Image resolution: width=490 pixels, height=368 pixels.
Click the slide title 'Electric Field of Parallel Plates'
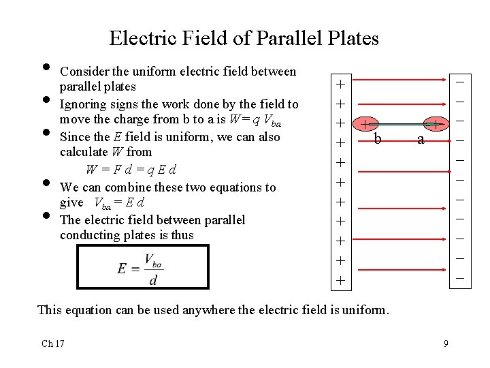[244, 38]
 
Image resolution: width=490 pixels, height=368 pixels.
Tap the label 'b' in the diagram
[378, 140]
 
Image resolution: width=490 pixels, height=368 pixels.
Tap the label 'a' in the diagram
[421, 140]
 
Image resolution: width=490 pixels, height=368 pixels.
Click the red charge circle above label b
[366, 125]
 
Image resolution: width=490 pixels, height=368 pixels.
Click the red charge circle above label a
[436, 124]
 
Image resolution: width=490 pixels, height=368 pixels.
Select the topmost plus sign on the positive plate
[340, 85]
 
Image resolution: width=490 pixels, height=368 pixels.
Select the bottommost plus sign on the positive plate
[340, 281]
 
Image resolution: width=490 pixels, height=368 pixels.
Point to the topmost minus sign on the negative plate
[460, 82]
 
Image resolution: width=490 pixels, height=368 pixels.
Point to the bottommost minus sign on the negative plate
[460, 278]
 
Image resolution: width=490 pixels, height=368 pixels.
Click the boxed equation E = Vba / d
[143, 267]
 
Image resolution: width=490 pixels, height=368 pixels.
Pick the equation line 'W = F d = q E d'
[131, 169]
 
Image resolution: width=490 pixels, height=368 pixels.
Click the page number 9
[446, 343]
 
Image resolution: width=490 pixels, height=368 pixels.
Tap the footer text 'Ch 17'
[53, 343]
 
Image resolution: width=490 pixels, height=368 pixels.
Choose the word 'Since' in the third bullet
[74, 137]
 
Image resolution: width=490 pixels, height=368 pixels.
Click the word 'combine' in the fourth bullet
[125, 187]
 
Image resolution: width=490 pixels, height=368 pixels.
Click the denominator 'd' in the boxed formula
[154, 279]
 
